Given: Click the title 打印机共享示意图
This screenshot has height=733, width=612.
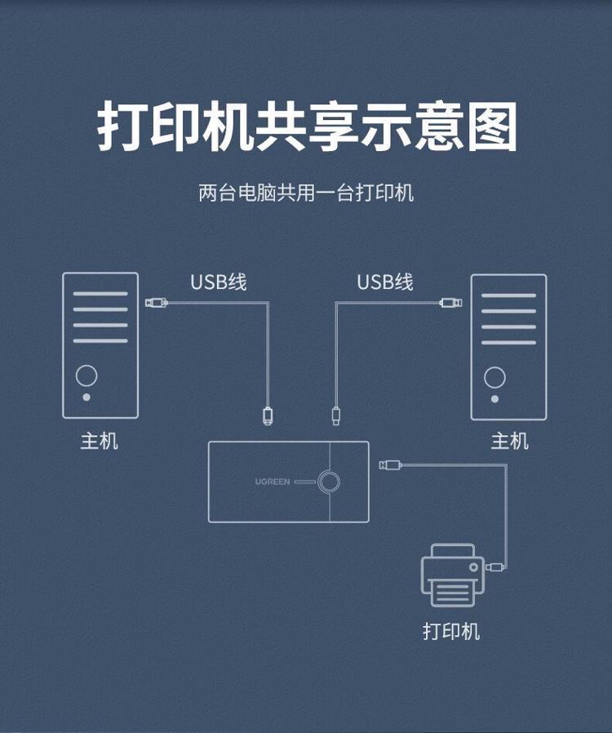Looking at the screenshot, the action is click(x=308, y=127).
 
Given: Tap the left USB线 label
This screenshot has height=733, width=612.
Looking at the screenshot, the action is click(x=218, y=282).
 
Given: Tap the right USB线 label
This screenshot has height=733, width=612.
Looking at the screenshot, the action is click(x=385, y=282).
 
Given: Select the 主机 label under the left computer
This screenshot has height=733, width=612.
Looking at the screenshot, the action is click(x=100, y=441).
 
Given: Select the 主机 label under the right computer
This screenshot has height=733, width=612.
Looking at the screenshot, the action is click(x=509, y=441).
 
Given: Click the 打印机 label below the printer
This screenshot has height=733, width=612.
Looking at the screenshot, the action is click(x=451, y=631).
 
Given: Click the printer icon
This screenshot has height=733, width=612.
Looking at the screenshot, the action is click(x=453, y=575).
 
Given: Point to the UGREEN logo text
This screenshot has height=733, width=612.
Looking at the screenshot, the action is click(x=273, y=482).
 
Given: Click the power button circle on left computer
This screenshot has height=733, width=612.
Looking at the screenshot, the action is click(x=86, y=375).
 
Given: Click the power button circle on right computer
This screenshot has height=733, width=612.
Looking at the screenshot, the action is click(x=494, y=377).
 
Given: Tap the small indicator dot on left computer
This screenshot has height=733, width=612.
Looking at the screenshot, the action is click(x=86, y=398).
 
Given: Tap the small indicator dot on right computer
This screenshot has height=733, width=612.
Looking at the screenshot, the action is click(x=494, y=399).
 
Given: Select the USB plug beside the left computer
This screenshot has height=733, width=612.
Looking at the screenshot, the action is click(x=157, y=303).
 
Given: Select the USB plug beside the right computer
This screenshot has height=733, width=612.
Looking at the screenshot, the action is click(x=450, y=303).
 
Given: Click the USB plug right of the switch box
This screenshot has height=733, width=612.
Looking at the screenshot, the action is click(x=391, y=464).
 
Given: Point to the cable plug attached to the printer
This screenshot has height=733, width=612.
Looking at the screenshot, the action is click(x=494, y=567).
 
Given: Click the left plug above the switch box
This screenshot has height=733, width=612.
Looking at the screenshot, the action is click(x=268, y=416).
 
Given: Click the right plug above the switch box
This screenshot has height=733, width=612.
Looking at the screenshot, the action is click(x=336, y=416).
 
